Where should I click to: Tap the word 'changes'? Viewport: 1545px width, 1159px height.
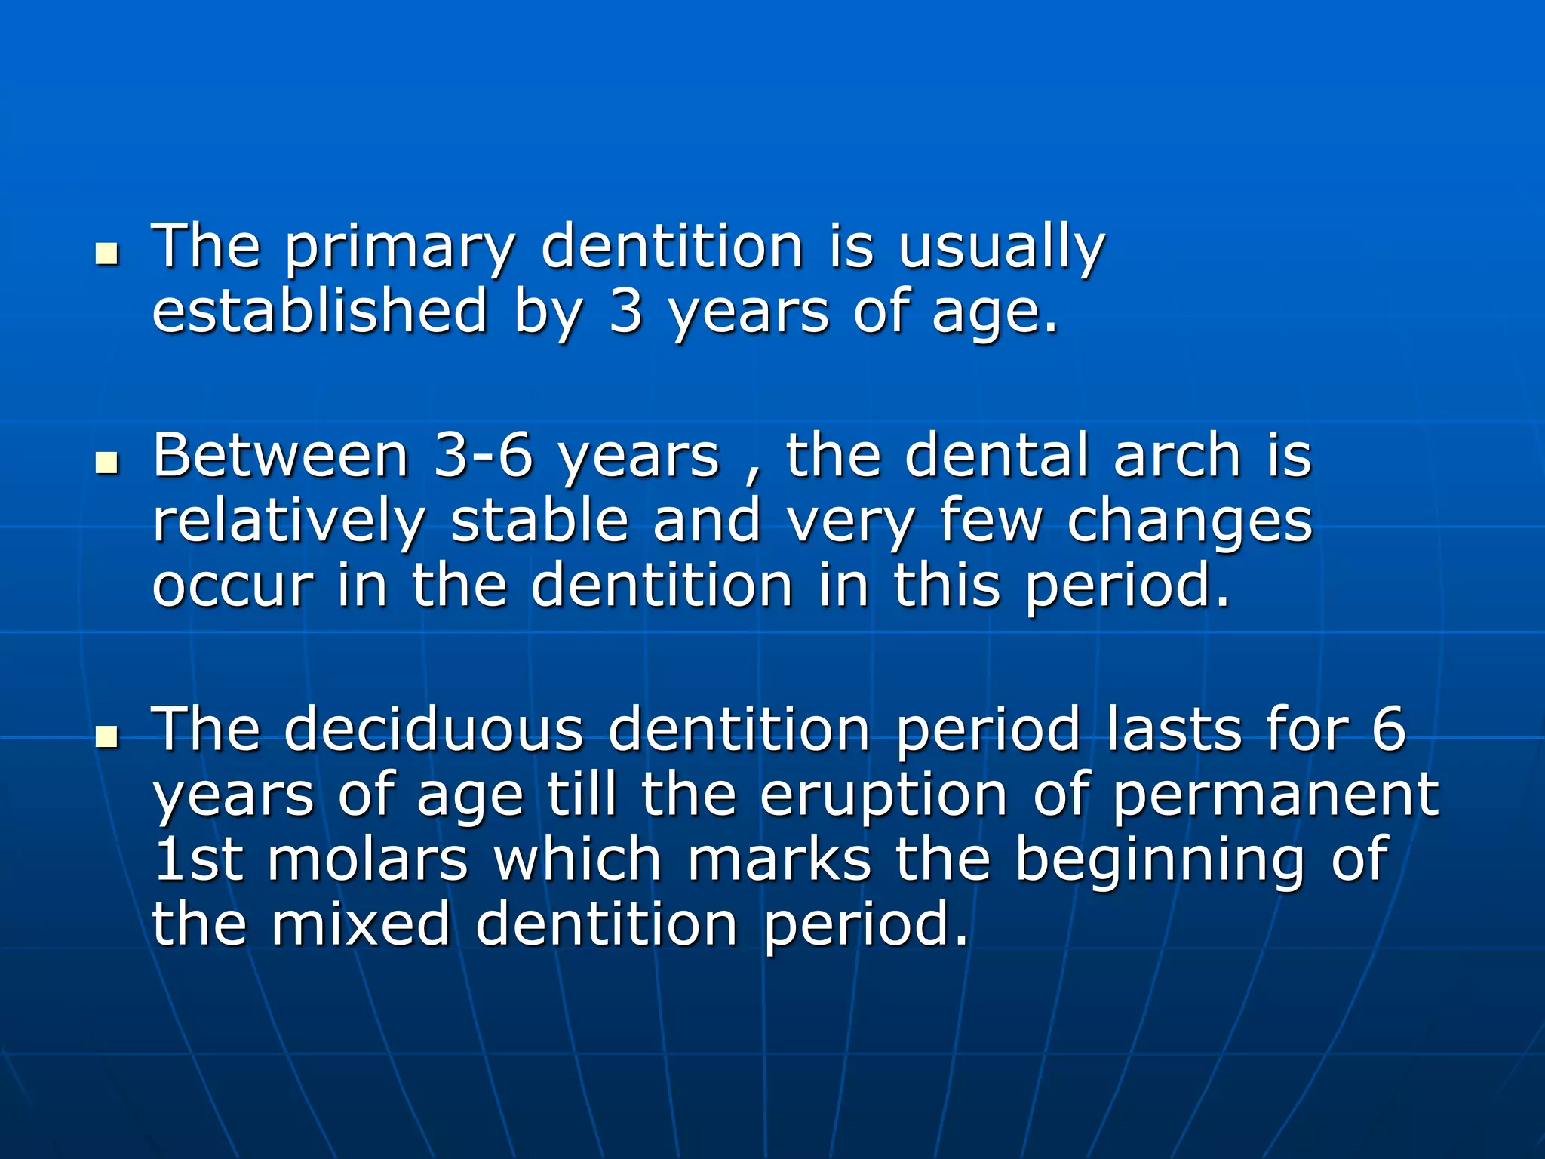pyautogui.click(x=1190, y=522)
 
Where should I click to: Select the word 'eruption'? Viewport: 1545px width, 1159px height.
pyautogui.click(x=883, y=795)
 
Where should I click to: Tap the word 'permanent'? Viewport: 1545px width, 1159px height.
pyautogui.click(x=1275, y=795)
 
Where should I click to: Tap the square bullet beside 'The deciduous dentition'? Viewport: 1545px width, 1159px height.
pyautogui.click(x=108, y=736)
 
